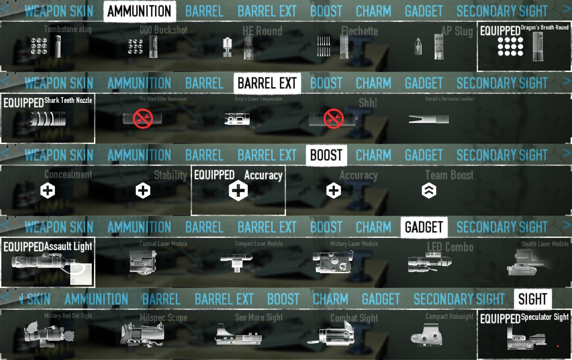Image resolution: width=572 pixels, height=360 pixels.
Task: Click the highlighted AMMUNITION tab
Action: click(x=139, y=11)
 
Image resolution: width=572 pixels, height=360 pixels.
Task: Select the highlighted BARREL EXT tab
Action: click(x=267, y=83)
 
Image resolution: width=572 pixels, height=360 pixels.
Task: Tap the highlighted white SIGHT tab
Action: click(x=533, y=299)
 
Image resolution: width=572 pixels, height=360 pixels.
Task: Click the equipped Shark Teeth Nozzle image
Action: click(x=47, y=119)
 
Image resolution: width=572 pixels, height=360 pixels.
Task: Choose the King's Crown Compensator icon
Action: click(x=237, y=119)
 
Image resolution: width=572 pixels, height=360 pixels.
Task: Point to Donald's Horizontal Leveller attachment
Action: click(x=428, y=119)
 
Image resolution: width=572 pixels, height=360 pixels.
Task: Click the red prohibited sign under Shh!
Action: click(x=333, y=119)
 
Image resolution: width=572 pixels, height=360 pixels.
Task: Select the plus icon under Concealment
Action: click(x=48, y=191)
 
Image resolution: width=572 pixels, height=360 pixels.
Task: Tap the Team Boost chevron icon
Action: click(x=429, y=191)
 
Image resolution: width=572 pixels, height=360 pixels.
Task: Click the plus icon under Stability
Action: click(x=143, y=191)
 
